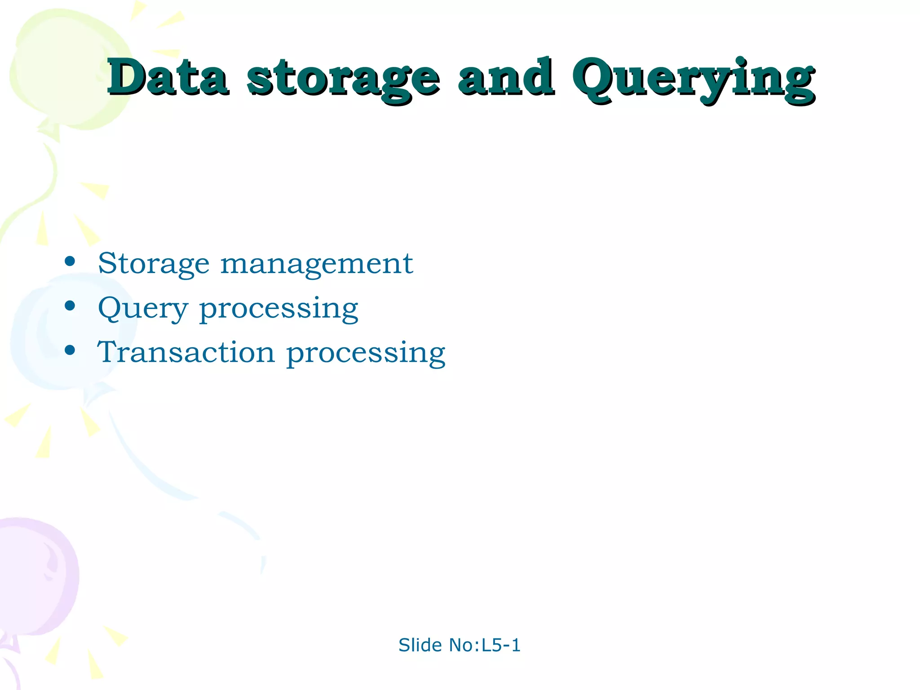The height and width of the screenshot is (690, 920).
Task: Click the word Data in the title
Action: tap(167, 77)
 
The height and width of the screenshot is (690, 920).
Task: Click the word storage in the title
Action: tap(343, 80)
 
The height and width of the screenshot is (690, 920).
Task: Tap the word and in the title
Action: tap(506, 77)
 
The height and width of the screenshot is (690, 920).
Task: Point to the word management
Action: tap(316, 264)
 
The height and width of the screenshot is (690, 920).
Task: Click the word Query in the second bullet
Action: tap(143, 309)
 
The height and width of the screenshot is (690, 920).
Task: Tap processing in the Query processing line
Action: tap(279, 310)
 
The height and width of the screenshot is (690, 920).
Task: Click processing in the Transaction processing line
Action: tap(366, 354)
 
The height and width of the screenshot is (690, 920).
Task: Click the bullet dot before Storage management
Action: tap(70, 261)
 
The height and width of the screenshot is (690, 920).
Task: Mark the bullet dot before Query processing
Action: tap(70, 306)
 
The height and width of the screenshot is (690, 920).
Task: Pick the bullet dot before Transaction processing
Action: tap(70, 350)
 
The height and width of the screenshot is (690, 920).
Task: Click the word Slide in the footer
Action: tap(420, 645)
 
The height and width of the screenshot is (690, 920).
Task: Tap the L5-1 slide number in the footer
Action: tap(501, 645)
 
